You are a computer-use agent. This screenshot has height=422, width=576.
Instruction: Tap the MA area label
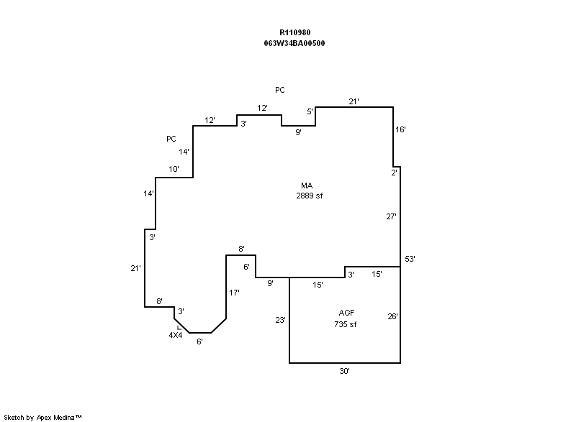pos(306,185)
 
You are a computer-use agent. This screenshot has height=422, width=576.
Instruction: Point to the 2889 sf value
pos(309,196)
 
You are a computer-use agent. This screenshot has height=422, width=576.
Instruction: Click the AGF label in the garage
pos(347,313)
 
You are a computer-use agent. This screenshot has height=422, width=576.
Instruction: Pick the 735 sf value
pos(346,324)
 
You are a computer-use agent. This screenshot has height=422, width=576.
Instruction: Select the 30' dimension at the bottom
pos(345,371)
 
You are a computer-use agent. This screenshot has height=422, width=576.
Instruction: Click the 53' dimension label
pos(411,258)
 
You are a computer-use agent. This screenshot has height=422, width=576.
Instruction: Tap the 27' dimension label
pos(392,216)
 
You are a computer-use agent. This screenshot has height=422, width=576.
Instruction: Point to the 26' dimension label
pos(393,316)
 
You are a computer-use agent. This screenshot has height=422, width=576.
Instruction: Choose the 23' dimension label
pos(280,320)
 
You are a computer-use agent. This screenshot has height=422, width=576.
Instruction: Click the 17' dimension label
pos(234,293)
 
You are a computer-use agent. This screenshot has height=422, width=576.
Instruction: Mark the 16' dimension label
pos(401,129)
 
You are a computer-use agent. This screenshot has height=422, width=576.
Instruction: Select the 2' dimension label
pos(394,173)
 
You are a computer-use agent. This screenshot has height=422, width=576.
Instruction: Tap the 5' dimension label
pos(310,111)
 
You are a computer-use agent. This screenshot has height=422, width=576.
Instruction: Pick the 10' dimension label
pos(174,169)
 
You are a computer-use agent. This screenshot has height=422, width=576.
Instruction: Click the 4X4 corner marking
pos(175,335)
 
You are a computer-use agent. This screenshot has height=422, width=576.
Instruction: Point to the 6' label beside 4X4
pos(200,341)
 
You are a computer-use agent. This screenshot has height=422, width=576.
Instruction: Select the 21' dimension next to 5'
pos(354,101)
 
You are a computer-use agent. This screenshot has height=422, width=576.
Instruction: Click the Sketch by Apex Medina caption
pos(43,416)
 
